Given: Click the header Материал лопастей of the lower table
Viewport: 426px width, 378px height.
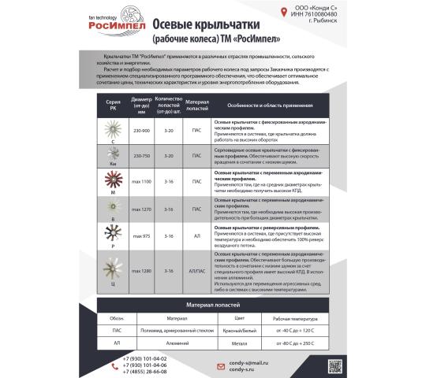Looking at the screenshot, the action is point(212,303).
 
